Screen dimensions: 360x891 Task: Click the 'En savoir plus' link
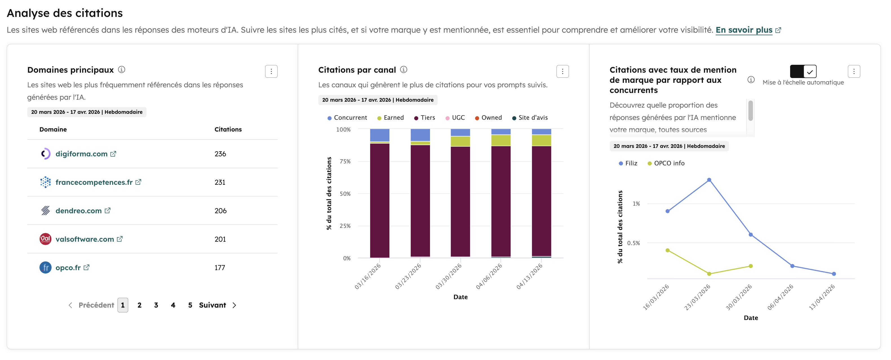744,30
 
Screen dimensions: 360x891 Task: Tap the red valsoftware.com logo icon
45,239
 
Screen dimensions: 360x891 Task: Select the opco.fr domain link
68,268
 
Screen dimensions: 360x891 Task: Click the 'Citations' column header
228,129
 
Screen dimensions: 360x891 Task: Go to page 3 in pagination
156,305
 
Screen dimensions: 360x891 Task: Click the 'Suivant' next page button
217,305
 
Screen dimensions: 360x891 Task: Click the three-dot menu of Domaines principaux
271,72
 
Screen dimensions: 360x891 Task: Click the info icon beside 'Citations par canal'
404,70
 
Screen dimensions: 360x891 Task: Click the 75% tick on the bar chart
345,161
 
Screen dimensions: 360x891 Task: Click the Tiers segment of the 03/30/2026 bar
460,201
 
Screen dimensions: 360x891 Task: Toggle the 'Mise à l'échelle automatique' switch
803,72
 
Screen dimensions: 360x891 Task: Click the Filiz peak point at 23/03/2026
709,180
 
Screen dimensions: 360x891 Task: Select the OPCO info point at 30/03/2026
751,266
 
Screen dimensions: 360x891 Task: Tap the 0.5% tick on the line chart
633,243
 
